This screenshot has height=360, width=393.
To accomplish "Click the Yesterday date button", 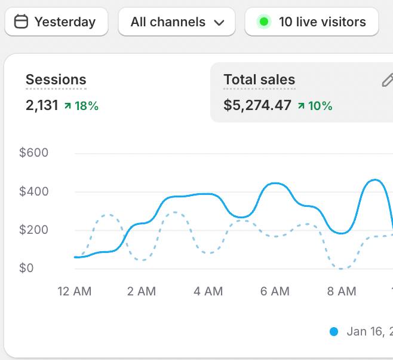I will (x=56, y=22).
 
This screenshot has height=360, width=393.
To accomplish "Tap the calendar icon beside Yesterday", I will (x=21, y=22).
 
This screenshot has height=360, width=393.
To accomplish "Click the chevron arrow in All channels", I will (x=219, y=23).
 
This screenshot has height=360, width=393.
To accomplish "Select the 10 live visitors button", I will (x=311, y=22).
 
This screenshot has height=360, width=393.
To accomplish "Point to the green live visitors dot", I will (x=264, y=22).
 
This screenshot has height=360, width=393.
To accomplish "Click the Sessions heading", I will (x=56, y=80).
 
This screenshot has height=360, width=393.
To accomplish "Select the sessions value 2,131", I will (x=42, y=106).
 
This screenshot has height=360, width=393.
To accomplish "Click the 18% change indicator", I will (x=81, y=106).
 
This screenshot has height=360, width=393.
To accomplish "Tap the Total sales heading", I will (x=259, y=80).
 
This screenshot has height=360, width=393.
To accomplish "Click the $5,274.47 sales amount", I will (x=257, y=106).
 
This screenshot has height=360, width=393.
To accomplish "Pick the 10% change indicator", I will (x=315, y=106).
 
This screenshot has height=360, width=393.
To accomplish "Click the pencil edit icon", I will (x=387, y=80).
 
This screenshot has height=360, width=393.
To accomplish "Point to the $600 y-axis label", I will (x=34, y=153).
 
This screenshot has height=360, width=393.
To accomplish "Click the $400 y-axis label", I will (x=34, y=192).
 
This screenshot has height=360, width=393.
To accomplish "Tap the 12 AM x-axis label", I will (x=75, y=292).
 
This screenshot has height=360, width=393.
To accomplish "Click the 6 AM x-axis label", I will (x=275, y=292).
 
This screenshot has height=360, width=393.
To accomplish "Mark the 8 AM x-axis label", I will (x=342, y=292).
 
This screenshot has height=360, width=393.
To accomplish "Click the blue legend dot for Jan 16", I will (x=333, y=331).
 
